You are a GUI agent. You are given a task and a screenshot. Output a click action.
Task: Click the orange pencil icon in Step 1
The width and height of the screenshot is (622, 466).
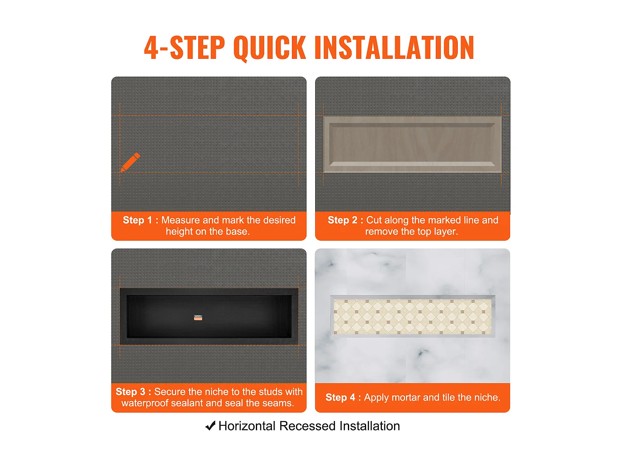click(x=130, y=162)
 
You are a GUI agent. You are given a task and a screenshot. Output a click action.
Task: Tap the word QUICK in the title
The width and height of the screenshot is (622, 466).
click(x=270, y=48)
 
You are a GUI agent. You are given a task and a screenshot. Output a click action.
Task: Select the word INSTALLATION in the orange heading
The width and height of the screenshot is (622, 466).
click(x=394, y=48)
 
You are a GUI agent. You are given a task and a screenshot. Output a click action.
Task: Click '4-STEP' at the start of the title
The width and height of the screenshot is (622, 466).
click(x=185, y=48)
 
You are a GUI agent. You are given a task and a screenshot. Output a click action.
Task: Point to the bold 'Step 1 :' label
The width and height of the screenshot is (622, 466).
click(x=141, y=220)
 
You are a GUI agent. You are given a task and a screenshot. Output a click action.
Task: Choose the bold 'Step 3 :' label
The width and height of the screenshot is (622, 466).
click(x=134, y=391)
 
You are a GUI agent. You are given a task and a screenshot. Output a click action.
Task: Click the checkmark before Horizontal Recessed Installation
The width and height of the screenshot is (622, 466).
click(x=210, y=425)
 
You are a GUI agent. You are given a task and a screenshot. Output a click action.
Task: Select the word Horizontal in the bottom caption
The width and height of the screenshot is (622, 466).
click(x=247, y=426)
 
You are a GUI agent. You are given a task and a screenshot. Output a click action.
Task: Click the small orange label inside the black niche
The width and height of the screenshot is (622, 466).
click(x=198, y=317)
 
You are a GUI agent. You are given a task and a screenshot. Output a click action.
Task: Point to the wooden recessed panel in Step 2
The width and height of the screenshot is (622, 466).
click(x=412, y=144)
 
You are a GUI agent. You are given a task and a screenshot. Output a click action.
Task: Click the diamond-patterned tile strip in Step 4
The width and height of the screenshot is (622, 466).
click(x=413, y=316)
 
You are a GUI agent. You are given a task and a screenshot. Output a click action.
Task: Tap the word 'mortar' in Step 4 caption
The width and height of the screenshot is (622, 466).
click(x=406, y=398)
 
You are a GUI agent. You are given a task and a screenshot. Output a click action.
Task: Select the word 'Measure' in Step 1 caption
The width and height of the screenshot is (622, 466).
click(x=180, y=220)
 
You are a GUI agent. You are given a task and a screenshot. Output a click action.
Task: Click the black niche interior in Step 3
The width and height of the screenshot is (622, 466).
click(x=209, y=316)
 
